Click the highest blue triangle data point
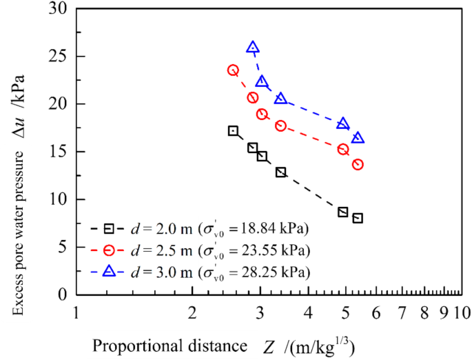coord(253,48)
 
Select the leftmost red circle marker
coord(233,70)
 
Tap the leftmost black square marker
coord(233,130)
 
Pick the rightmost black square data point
coord(358,218)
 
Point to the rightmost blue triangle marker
coord(358,138)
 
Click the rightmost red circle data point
coord(358,164)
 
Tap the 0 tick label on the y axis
coord(62,294)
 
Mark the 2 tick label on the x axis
coord(192,313)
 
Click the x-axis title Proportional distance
coord(169,344)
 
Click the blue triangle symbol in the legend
coord(109,272)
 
